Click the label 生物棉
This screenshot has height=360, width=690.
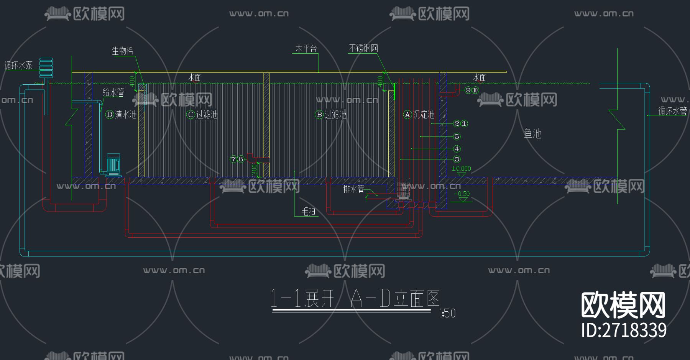tap(123, 51)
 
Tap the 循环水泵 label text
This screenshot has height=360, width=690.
tap(18, 66)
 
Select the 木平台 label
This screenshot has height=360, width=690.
tap(306, 49)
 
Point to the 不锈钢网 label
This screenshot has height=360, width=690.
tap(363, 48)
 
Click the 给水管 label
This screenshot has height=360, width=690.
tap(113, 92)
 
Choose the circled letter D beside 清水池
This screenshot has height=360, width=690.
tap(109, 115)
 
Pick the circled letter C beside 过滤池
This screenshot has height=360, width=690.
tap(191, 115)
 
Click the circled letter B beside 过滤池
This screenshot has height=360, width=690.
tap(319, 115)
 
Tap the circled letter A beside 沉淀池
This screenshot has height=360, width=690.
tap(407, 115)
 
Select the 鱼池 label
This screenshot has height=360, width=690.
tap(533, 133)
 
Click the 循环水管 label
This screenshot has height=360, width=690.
tap(672, 111)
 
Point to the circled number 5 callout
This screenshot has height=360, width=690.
tap(457, 136)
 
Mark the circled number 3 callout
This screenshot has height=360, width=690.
tap(457, 159)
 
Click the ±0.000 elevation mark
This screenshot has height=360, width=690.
tap(461, 169)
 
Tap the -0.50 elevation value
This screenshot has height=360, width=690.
tap(462, 194)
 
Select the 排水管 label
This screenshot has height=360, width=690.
tap(353, 189)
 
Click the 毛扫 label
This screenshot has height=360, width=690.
tap(309, 212)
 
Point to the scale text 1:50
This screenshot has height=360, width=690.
tap(447, 314)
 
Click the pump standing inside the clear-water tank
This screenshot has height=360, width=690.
tap(113, 165)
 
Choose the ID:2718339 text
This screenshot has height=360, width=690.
tap(624, 330)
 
